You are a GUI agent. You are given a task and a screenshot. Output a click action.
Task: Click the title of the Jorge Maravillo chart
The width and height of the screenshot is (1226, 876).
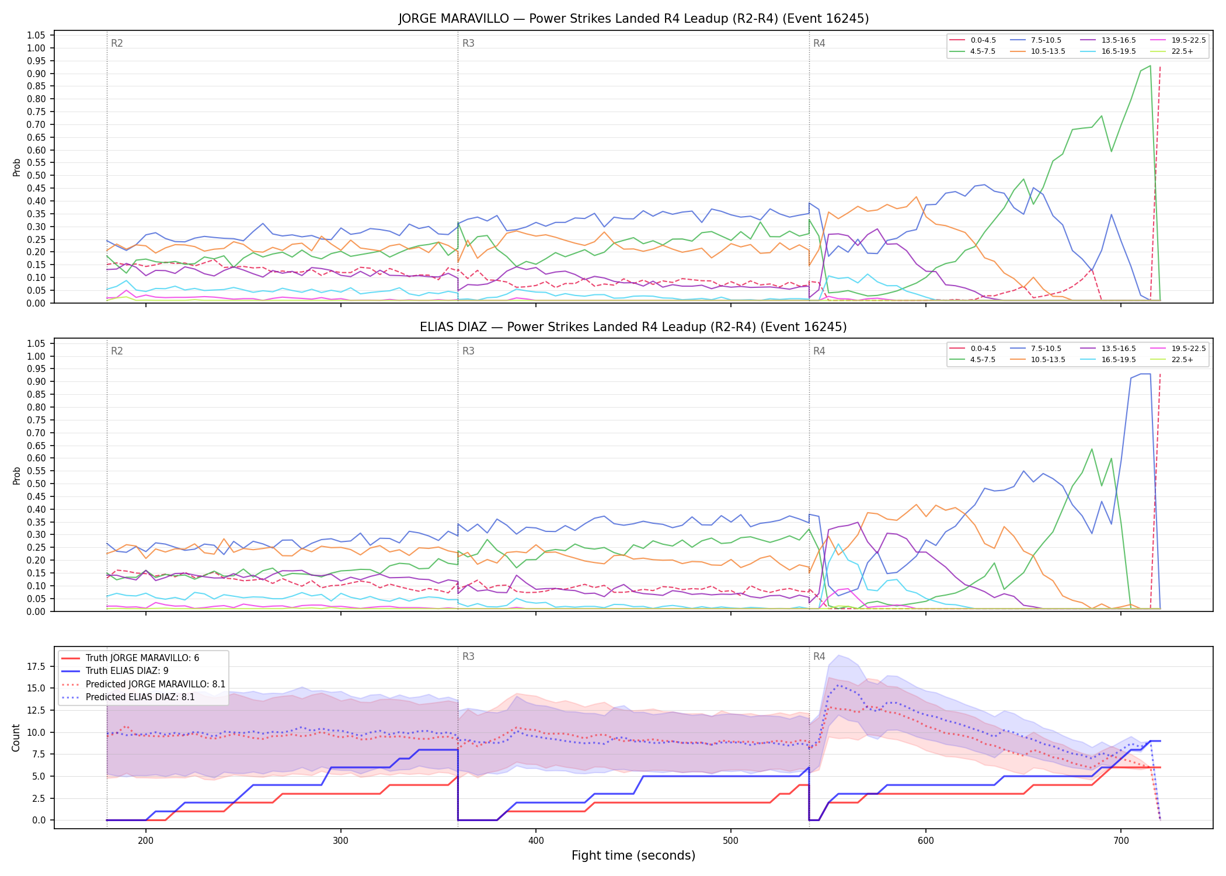[633, 19]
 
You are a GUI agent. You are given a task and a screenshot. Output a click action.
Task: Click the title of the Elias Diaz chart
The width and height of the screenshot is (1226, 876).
[633, 327]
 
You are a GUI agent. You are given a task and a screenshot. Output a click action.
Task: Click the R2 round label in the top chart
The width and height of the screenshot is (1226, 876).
[117, 43]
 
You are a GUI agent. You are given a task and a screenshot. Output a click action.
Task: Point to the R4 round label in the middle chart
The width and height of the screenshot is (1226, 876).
[819, 351]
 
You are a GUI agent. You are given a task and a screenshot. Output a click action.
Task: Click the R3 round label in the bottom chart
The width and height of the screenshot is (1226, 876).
[468, 656]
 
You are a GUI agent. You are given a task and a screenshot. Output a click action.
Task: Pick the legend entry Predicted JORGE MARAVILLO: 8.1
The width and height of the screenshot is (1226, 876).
[143, 684]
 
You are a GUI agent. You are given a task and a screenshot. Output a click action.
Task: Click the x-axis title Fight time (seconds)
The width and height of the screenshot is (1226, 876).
[633, 856]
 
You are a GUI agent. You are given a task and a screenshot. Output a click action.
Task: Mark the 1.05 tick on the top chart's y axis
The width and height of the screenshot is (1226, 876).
[37, 36]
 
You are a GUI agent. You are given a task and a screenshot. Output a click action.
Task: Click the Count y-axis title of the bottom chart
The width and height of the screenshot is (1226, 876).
[16, 738]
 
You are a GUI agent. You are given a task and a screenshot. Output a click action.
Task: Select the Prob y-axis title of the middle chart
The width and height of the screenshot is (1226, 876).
[16, 475]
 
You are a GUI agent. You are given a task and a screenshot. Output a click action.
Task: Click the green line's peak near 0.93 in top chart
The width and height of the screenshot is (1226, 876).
[1150, 66]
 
